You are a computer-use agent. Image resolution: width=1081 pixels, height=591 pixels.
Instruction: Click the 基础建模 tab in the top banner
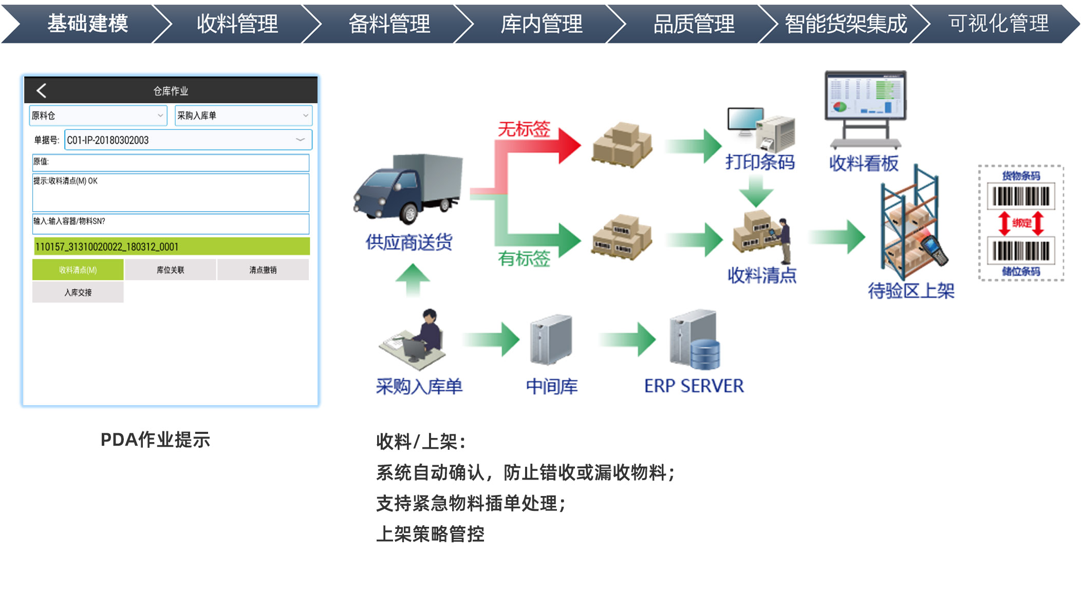click(x=87, y=24)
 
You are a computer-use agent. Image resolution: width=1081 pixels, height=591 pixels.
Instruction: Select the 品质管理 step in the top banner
click(x=694, y=24)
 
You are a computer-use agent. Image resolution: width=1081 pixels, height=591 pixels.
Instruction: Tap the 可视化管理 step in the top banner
click(x=998, y=24)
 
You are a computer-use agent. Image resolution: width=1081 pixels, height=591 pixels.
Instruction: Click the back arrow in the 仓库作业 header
click(x=42, y=91)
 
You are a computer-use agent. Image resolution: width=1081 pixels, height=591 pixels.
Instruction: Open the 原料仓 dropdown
click(x=98, y=116)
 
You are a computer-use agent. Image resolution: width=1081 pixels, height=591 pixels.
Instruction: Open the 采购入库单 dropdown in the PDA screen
click(x=243, y=116)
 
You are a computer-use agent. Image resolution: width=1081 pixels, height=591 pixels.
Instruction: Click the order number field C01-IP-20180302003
click(x=188, y=140)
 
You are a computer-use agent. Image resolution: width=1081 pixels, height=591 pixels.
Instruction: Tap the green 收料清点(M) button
click(x=78, y=270)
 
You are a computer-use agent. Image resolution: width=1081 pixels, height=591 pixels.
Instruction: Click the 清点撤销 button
click(x=263, y=270)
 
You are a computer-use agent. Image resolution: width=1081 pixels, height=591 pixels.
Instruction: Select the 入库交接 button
click(x=78, y=293)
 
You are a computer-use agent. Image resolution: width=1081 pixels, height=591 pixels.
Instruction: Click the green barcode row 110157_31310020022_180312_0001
click(x=171, y=246)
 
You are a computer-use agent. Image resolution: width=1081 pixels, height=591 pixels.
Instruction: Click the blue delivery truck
click(x=408, y=187)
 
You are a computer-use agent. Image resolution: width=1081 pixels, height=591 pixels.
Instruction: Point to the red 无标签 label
click(x=524, y=129)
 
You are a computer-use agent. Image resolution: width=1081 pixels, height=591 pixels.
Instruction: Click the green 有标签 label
click(x=524, y=258)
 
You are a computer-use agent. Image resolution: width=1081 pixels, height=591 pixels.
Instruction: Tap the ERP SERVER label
click(x=694, y=386)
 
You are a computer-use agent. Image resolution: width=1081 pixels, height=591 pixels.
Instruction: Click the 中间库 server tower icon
click(x=551, y=339)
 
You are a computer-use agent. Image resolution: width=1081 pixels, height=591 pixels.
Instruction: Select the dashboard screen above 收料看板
click(x=865, y=95)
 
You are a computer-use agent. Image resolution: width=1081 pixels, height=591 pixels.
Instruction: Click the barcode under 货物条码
click(x=1021, y=196)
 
